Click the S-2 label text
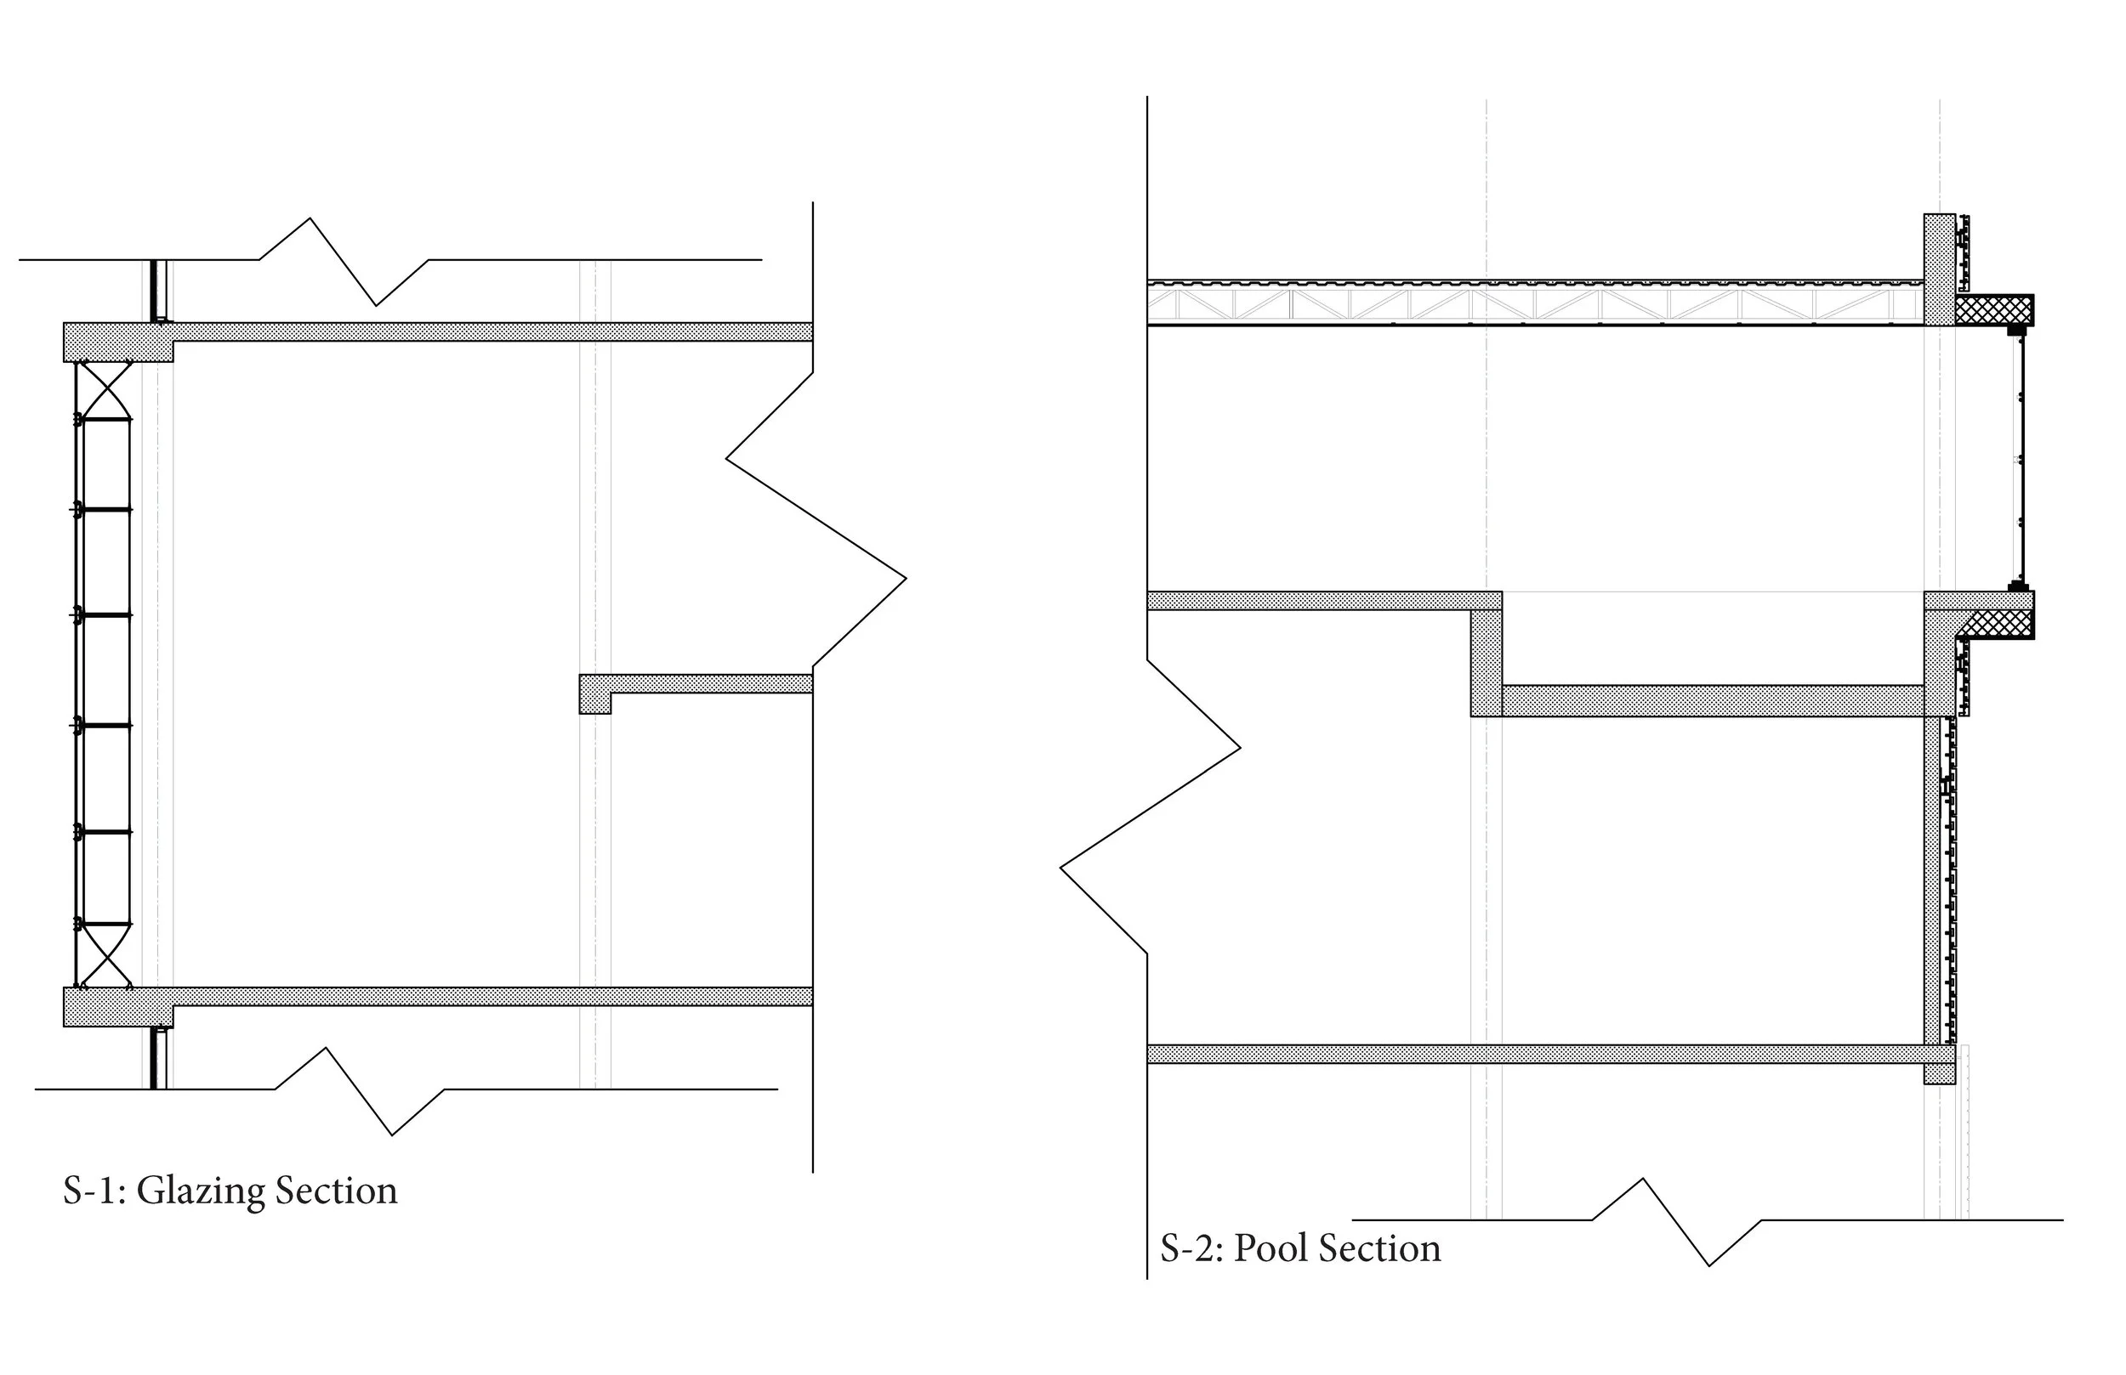1190,1248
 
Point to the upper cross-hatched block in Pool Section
1994,310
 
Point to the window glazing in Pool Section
2023,459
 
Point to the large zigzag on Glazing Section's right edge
815,518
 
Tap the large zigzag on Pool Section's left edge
1151,807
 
